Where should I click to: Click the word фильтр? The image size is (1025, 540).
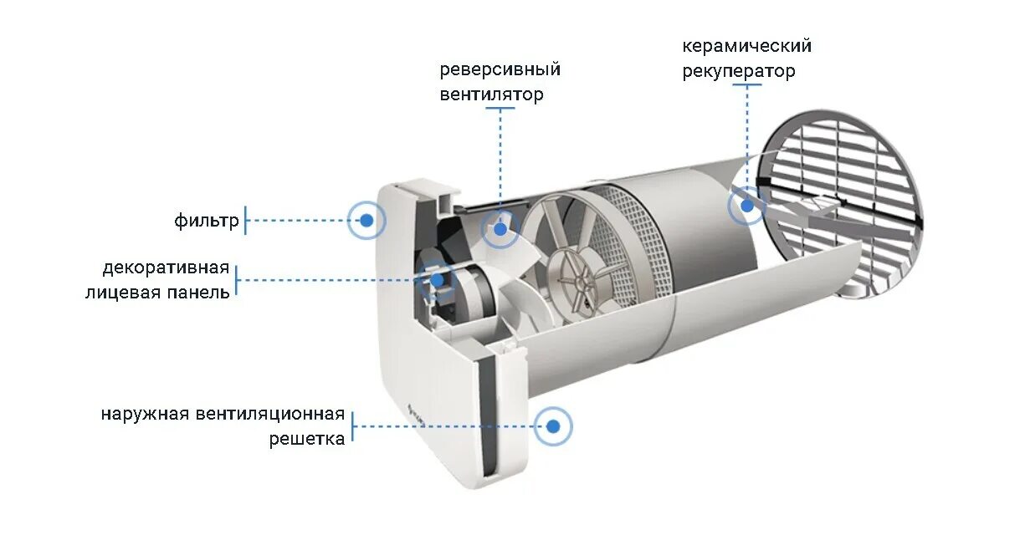pyautogui.click(x=207, y=221)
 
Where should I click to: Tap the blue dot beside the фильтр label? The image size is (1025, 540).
pyautogui.click(x=366, y=221)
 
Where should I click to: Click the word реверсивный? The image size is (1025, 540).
pyautogui.click(x=500, y=69)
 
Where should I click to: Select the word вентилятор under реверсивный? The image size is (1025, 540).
pyautogui.click(x=491, y=94)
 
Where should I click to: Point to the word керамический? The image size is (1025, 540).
pyautogui.click(x=746, y=46)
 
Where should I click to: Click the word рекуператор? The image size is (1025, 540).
pyautogui.click(x=738, y=72)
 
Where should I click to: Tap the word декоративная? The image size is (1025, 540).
pyautogui.click(x=166, y=268)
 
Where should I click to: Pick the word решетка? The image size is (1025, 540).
pyautogui.click(x=306, y=439)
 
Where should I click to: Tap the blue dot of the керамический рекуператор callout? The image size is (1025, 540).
pyautogui.click(x=746, y=206)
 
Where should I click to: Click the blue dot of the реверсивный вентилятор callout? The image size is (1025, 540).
pyautogui.click(x=500, y=228)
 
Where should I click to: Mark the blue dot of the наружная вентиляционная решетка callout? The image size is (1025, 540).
pyautogui.click(x=553, y=426)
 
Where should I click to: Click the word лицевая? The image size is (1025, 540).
pyautogui.click(x=120, y=293)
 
